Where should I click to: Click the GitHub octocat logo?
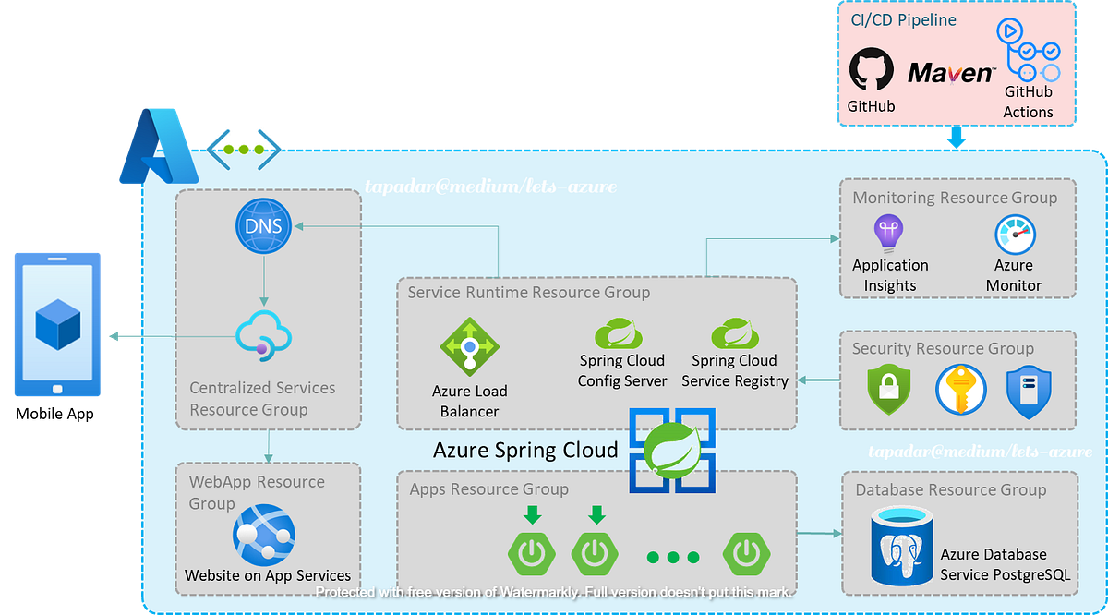click(x=871, y=70)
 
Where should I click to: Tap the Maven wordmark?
click(x=951, y=73)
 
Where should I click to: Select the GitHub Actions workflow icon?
click(x=1027, y=50)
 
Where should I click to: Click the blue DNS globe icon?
click(x=263, y=226)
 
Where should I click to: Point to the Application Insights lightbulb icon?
click(x=889, y=233)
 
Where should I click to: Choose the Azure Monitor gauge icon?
click(x=1014, y=235)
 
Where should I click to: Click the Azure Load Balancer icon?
click(x=469, y=347)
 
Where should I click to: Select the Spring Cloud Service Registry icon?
click(x=735, y=332)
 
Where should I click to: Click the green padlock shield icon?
click(x=889, y=390)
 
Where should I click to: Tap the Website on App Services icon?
click(x=264, y=534)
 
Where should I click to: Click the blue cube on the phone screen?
click(x=58, y=324)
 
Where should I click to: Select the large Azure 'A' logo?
click(x=157, y=145)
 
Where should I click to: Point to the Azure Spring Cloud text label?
click(x=525, y=451)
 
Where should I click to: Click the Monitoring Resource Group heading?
click(x=955, y=198)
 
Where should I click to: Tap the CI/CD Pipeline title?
click(x=897, y=19)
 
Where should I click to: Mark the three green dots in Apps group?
click(x=673, y=557)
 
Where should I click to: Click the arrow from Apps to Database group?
click(x=818, y=533)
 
